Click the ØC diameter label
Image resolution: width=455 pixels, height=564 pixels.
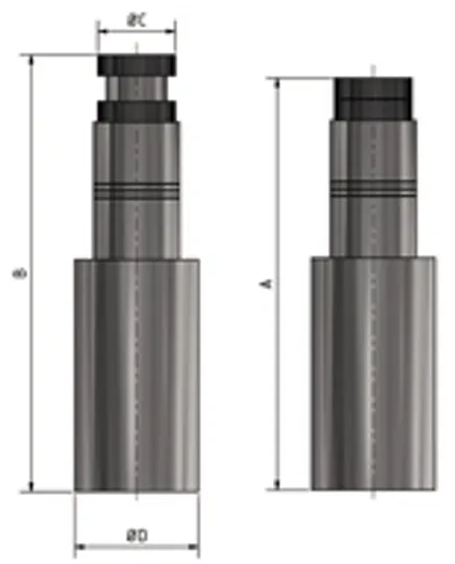pos(136,19)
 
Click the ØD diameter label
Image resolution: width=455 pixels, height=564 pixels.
pos(136,534)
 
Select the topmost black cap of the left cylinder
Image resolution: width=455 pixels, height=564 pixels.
pos(136,65)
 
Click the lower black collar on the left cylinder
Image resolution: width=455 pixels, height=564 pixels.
pos(136,110)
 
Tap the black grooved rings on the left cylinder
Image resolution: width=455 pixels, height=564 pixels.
pos(136,188)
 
